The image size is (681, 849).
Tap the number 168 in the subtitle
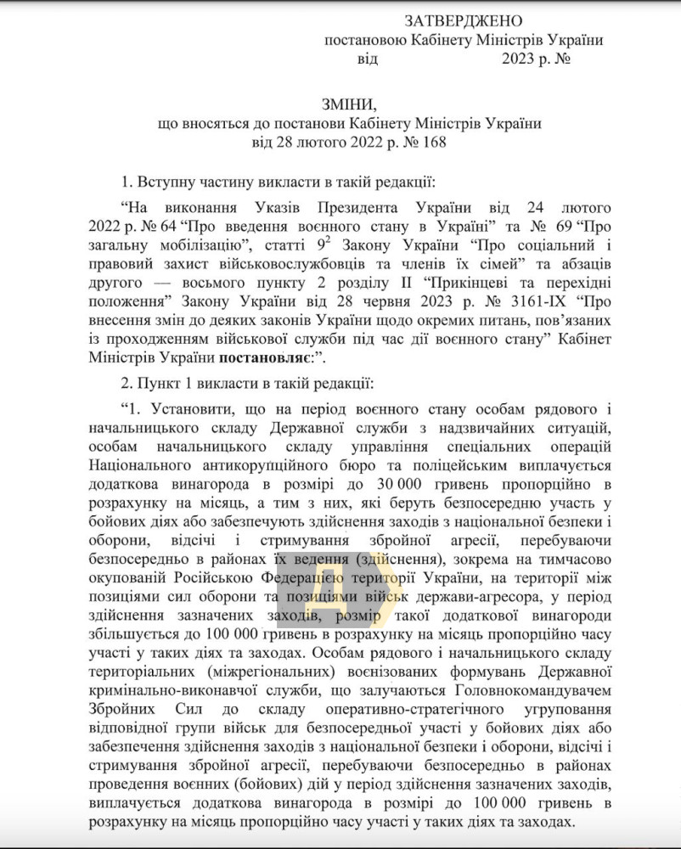point(426,143)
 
